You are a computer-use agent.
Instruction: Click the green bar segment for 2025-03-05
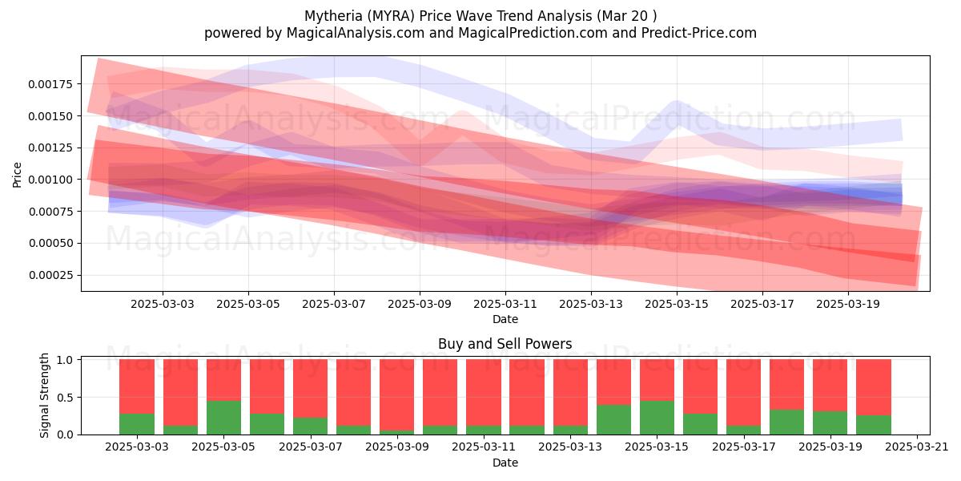[223, 418]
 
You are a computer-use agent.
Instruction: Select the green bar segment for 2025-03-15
[657, 418]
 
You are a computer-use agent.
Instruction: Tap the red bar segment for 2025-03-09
[397, 394]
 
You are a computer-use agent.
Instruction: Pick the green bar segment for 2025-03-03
[137, 424]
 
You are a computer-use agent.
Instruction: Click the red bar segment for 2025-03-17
[743, 392]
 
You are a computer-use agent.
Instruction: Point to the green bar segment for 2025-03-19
[830, 423]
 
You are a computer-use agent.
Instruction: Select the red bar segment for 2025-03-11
[484, 392]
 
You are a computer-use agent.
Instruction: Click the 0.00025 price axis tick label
[50, 275]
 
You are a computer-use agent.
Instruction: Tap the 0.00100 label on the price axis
[50, 180]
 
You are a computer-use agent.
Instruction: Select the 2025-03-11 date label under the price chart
[505, 304]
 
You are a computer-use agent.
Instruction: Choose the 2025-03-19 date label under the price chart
[848, 304]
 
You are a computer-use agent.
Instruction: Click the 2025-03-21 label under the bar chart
[917, 447]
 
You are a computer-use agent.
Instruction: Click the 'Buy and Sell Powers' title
[505, 344]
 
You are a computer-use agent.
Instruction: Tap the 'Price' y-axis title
[17, 175]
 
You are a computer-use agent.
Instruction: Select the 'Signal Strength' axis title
[44, 395]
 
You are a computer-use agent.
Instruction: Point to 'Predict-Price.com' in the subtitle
[699, 33]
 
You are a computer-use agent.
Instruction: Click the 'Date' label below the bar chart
[505, 463]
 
